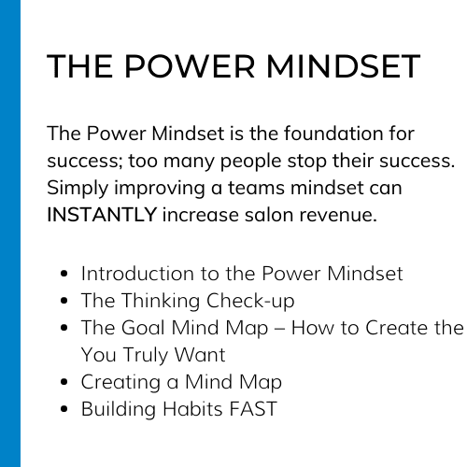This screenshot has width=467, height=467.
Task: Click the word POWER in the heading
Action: pos(190,66)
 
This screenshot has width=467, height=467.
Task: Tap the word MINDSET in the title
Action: pos(344,66)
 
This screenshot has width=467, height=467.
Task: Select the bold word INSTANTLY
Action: pos(102,215)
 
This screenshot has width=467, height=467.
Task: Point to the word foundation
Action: pos(333,134)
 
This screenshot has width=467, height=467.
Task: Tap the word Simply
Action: pos(78,189)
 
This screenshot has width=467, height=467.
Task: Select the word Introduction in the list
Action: pos(137,274)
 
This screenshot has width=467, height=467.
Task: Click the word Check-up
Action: pos(250,302)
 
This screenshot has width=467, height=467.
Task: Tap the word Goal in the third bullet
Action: pos(143,328)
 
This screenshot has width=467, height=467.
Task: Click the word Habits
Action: pos(192,409)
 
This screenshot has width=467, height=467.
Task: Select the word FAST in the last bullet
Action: pos(253,409)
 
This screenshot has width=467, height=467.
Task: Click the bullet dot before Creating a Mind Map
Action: pos(64,382)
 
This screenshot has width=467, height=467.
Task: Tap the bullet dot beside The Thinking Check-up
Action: pos(64,301)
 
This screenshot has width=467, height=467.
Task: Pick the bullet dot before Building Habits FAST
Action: pos(64,409)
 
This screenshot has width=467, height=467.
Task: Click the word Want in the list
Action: pos(200,355)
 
